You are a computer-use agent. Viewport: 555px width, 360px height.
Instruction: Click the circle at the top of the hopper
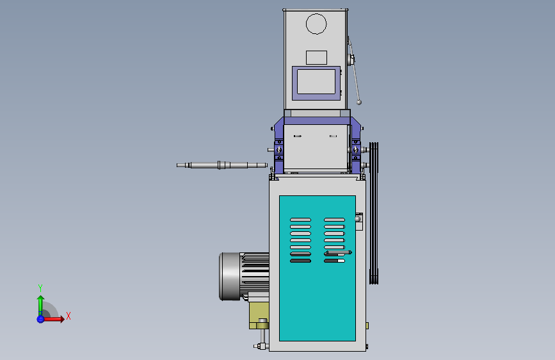point(316,14)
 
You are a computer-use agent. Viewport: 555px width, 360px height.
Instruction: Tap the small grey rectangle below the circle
point(316,58)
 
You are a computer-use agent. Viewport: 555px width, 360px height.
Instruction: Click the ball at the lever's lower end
point(359,102)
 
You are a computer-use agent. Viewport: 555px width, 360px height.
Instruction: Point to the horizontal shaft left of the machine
point(222,165)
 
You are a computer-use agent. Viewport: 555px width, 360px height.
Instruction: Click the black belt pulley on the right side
point(374,213)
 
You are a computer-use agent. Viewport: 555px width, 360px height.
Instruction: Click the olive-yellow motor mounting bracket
point(259,315)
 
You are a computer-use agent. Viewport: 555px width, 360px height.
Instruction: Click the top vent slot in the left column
point(300,220)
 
